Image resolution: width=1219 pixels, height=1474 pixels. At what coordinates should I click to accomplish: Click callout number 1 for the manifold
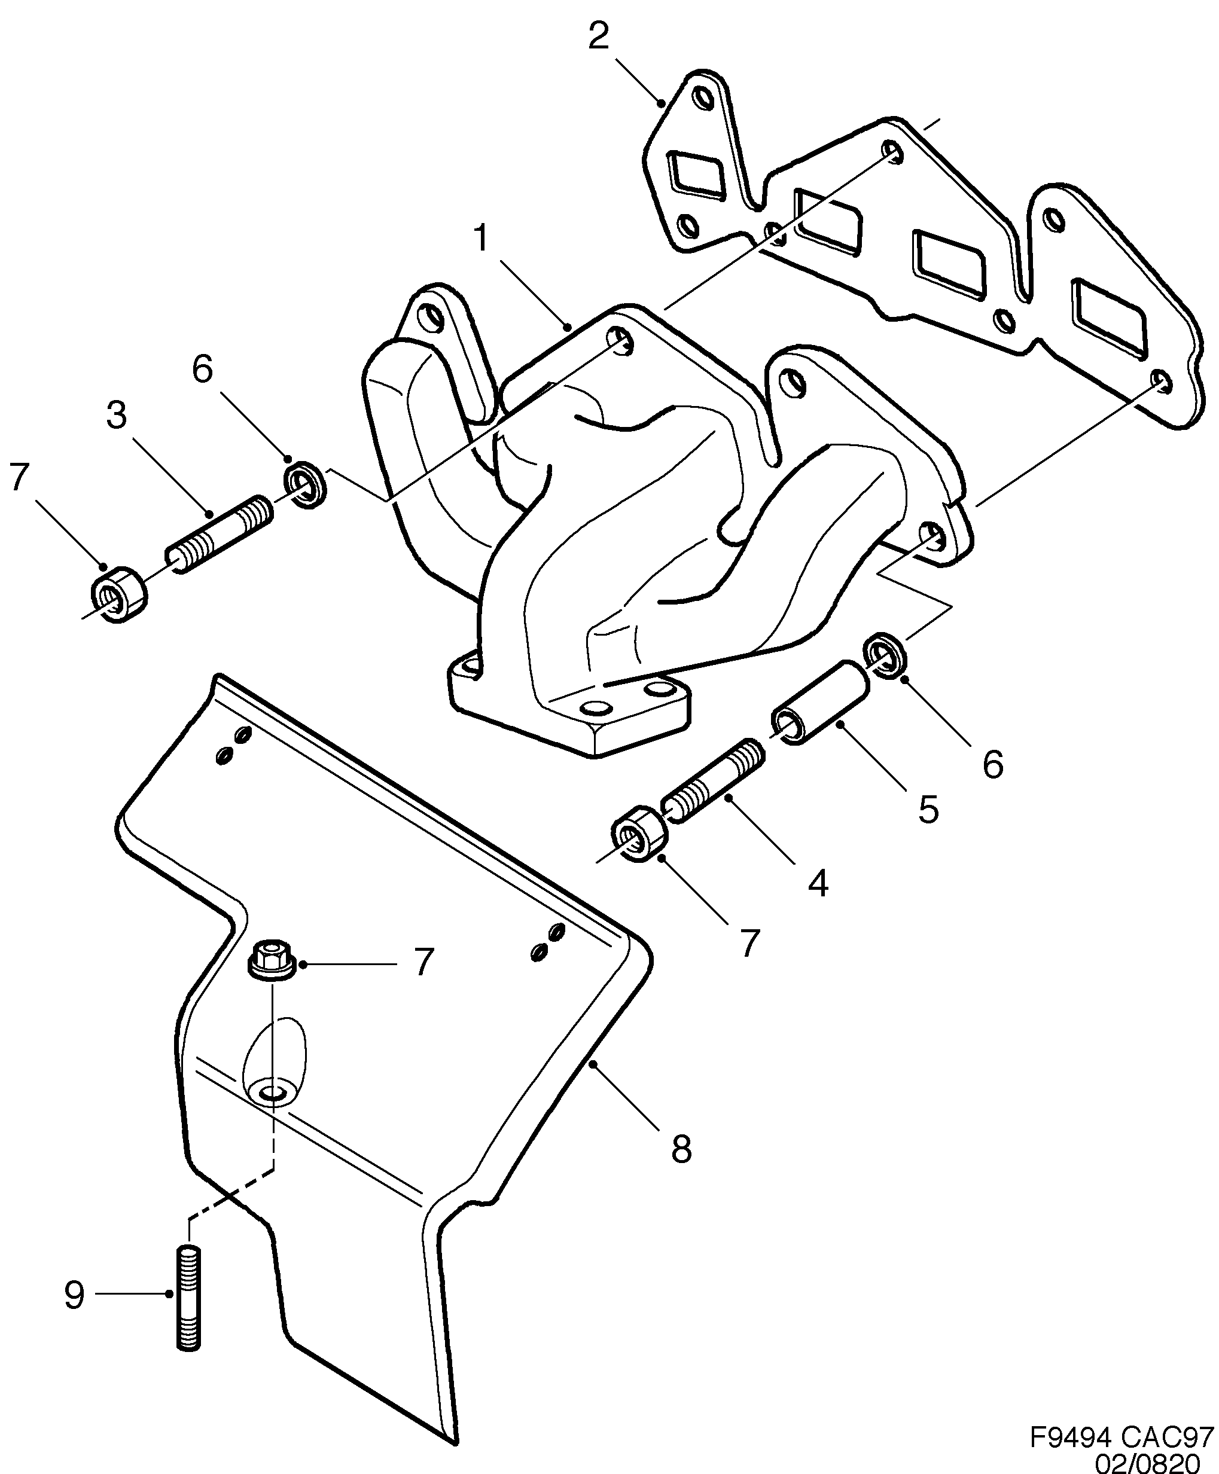pyautogui.click(x=481, y=239)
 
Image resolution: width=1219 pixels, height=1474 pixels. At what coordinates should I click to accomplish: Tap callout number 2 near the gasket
pyautogui.click(x=598, y=36)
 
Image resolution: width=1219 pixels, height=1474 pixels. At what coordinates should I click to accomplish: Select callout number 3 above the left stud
pyautogui.click(x=117, y=416)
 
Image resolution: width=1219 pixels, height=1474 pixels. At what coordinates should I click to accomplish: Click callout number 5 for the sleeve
pyautogui.click(x=928, y=809)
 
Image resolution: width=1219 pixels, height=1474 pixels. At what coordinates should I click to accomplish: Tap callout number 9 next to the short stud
pyautogui.click(x=74, y=1295)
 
